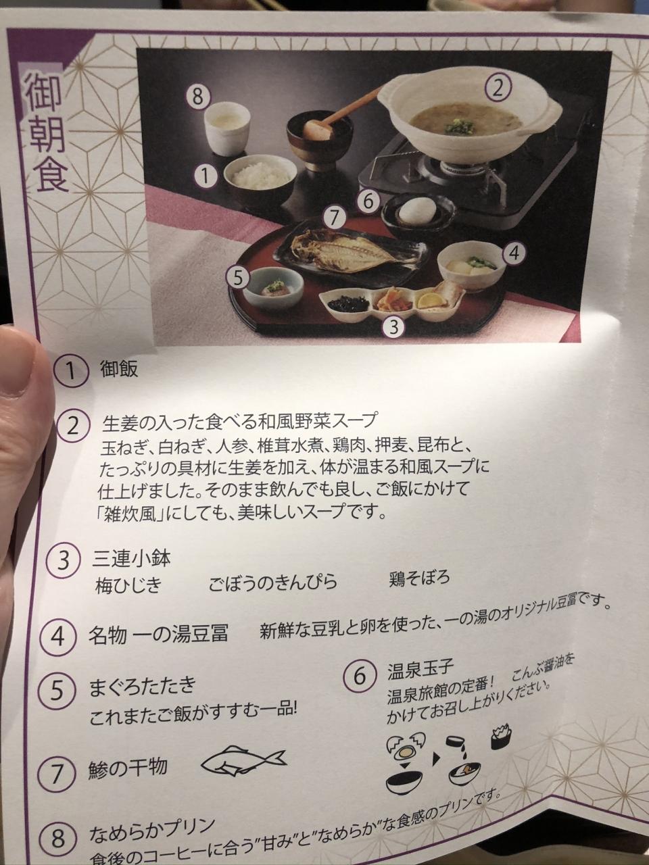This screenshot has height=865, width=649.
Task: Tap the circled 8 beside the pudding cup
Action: [198, 97]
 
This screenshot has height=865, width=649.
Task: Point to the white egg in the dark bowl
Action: [417, 208]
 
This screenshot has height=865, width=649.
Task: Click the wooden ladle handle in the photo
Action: [343, 109]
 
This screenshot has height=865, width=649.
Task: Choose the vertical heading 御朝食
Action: [46, 133]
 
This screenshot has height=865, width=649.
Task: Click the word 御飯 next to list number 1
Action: [119, 369]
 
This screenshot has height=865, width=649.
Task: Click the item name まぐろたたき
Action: [143, 685]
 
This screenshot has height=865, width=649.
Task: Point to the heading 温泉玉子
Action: [420, 666]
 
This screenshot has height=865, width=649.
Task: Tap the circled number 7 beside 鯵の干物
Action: [57, 774]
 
